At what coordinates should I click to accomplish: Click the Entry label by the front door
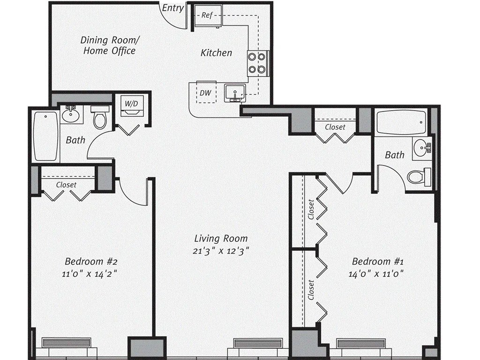click(x=172, y=8)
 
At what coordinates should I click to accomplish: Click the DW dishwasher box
click(x=205, y=93)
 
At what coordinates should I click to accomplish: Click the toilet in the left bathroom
click(x=100, y=119)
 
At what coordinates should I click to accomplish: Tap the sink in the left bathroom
click(x=72, y=114)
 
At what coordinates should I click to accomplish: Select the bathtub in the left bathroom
click(x=46, y=136)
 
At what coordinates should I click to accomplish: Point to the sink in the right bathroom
click(x=424, y=149)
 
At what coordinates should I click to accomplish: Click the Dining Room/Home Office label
click(x=109, y=45)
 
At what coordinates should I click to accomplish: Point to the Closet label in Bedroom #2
click(x=66, y=185)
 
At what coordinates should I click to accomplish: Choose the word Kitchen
click(x=216, y=52)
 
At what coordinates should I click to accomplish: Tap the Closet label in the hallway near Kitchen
click(x=335, y=127)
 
